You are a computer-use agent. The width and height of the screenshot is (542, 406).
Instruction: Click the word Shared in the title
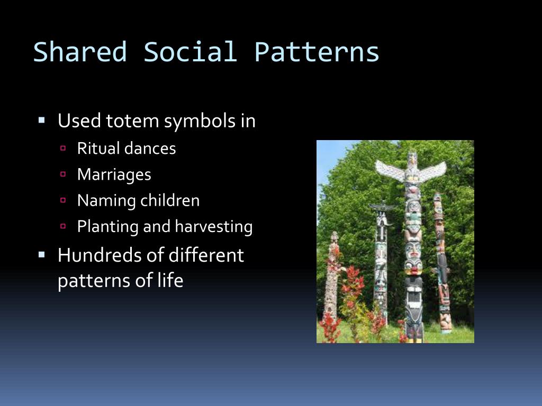[x=80, y=52]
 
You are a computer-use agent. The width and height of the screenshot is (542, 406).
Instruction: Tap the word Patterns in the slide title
[x=317, y=52]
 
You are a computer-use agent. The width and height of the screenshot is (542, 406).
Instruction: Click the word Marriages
[x=114, y=174]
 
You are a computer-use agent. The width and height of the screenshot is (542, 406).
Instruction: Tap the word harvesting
[x=214, y=227]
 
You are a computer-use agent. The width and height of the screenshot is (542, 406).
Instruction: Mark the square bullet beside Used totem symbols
[x=42, y=120]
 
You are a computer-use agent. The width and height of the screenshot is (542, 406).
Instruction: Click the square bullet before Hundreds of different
[x=42, y=254]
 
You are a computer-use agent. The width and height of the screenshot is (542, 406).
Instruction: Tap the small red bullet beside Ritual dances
[x=63, y=148]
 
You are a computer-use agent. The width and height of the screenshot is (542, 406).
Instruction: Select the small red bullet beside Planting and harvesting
[x=63, y=226]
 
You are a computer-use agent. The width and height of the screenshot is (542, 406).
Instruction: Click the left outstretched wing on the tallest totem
[x=390, y=168]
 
